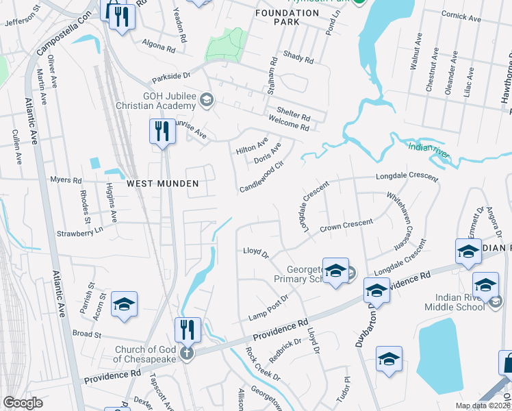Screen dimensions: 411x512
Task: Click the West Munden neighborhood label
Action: pyautogui.click(x=162, y=184)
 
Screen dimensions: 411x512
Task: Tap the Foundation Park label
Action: pyautogui.click(x=287, y=17)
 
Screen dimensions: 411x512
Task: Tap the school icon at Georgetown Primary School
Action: pyautogui.click(x=335, y=271)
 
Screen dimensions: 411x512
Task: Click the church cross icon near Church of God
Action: pyautogui.click(x=186, y=353)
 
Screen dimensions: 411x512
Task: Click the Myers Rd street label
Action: pyautogui.click(x=66, y=179)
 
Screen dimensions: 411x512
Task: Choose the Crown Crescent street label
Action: pyautogui.click(x=346, y=224)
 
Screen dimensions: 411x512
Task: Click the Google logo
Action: pyautogui.click(x=23, y=403)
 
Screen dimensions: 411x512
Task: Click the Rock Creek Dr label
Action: pyautogui.click(x=264, y=364)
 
